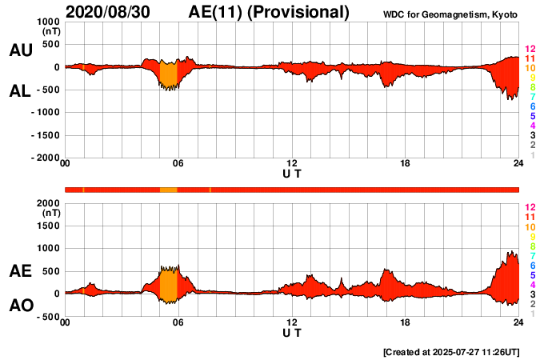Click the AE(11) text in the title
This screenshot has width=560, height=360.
pyautogui.click(x=220, y=12)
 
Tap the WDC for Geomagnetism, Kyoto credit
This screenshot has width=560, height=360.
pyautogui.click(x=450, y=15)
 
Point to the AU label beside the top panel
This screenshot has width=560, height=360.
pyautogui.click(x=20, y=50)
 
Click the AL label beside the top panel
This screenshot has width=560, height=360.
pyautogui.click(x=20, y=91)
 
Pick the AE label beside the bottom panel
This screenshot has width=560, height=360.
pyautogui.click(x=20, y=271)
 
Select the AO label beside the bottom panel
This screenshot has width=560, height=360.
pyautogui.click(x=20, y=306)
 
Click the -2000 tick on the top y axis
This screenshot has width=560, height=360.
pyautogui.click(x=45, y=158)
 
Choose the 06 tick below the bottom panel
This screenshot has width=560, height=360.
pyautogui.click(x=178, y=322)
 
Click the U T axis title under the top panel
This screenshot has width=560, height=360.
pyautogui.click(x=292, y=173)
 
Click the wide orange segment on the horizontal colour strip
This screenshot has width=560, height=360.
pyautogui.click(x=168, y=190)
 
